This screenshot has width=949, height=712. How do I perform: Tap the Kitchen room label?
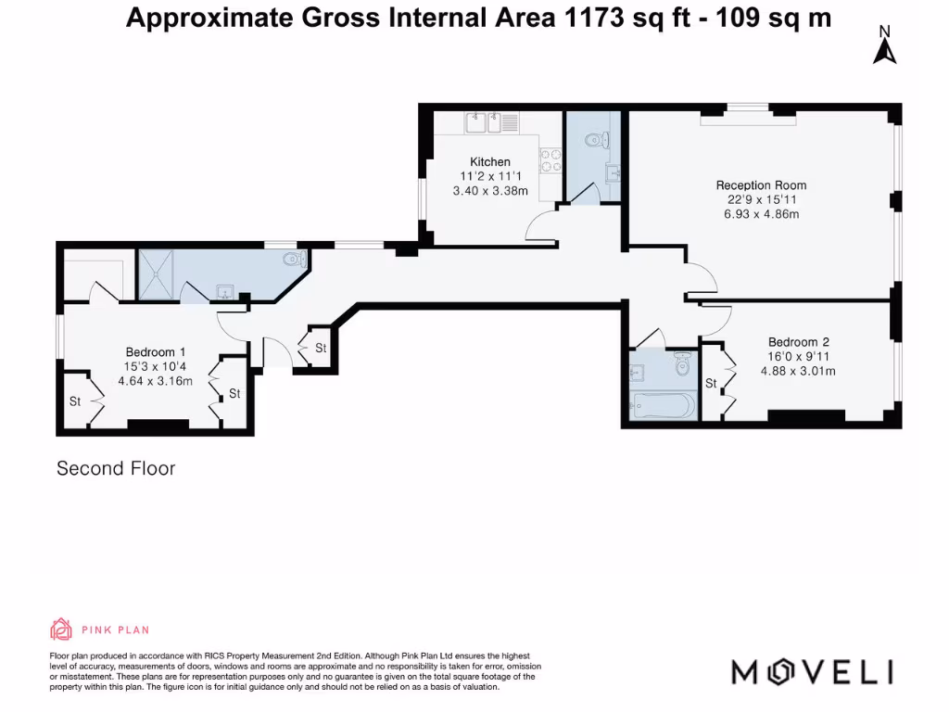coord(490,161)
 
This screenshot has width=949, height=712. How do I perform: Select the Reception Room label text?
coord(761,185)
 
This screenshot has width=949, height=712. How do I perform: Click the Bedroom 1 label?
coord(156,351)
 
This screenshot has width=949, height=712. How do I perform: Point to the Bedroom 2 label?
coord(798,342)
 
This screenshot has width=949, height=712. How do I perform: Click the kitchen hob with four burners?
coord(550,160)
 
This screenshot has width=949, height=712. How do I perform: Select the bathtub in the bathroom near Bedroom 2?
coord(664,406)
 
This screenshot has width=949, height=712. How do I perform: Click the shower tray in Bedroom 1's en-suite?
coord(156,274)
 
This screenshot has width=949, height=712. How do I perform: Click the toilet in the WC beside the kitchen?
coord(597,141)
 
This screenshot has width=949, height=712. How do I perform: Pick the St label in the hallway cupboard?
coord(321,349)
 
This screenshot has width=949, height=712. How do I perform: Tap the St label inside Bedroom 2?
coord(711,383)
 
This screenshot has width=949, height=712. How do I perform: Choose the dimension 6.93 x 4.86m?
coord(762,214)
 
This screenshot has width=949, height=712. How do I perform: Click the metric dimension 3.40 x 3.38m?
coord(490,191)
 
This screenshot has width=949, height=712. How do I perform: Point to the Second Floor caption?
coord(116,468)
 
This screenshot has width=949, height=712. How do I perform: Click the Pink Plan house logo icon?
coord(60,629)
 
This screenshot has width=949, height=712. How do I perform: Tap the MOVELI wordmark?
coord(812,672)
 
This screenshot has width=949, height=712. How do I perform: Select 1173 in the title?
coord(594,18)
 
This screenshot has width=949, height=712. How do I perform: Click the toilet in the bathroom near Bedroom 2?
coord(683,363)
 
